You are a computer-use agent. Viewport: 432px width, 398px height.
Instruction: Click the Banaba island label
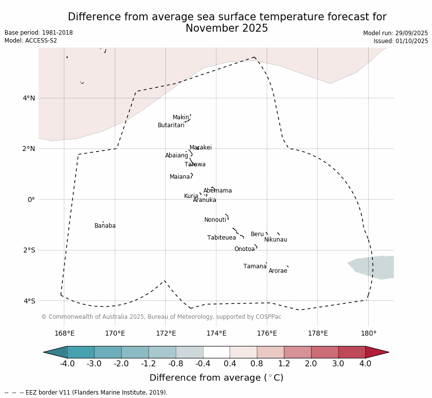click(x=105, y=226)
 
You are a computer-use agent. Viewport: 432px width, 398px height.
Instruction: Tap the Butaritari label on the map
click(x=171, y=126)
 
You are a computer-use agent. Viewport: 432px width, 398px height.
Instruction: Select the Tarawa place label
click(x=195, y=165)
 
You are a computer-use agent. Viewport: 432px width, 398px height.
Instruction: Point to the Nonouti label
click(x=215, y=220)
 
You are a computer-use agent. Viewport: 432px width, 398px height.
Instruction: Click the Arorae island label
click(x=278, y=271)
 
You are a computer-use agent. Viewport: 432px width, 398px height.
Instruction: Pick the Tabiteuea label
click(x=221, y=238)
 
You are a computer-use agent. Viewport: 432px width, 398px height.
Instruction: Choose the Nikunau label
click(x=276, y=240)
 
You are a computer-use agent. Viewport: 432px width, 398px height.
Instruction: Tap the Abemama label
click(x=217, y=191)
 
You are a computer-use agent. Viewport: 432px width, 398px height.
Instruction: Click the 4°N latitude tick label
click(x=29, y=98)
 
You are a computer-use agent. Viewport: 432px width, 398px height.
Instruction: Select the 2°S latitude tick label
click(x=29, y=250)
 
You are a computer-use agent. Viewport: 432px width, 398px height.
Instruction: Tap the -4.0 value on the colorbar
click(x=67, y=364)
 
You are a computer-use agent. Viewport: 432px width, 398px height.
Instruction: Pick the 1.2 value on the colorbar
click(x=284, y=364)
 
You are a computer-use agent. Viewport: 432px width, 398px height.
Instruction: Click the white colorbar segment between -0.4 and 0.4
click(x=216, y=352)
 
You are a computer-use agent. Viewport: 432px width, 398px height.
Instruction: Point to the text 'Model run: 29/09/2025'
click(x=395, y=33)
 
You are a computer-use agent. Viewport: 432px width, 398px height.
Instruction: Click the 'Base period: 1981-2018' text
click(x=39, y=33)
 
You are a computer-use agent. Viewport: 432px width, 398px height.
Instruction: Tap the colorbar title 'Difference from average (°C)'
click(x=216, y=378)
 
